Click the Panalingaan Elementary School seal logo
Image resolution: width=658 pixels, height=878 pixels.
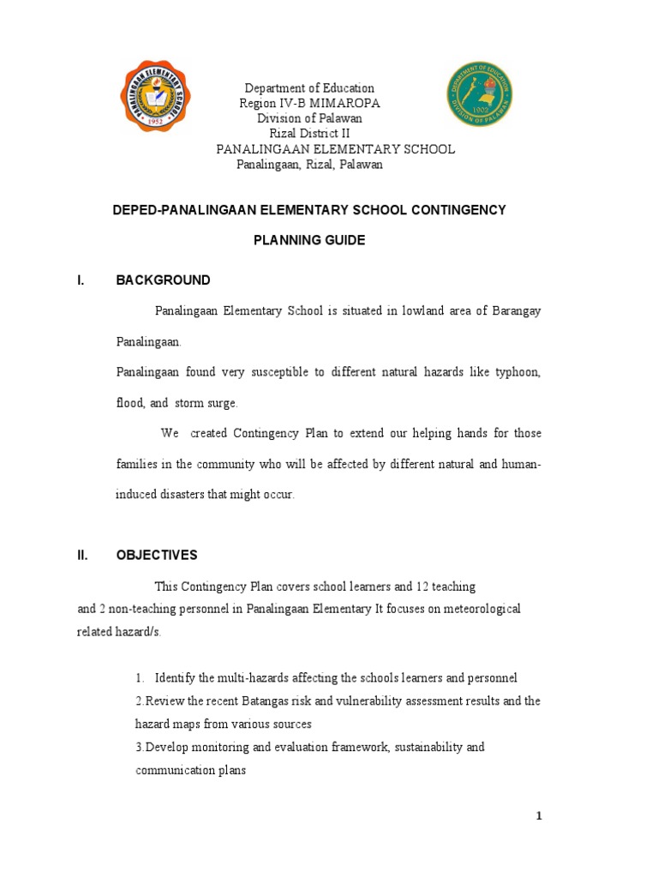(x=155, y=95)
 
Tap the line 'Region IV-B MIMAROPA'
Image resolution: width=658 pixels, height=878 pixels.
(x=309, y=103)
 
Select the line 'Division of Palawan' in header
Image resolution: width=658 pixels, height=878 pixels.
(x=309, y=118)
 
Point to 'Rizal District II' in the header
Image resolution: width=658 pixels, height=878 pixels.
(x=309, y=134)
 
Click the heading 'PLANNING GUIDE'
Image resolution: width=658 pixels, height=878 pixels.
(x=309, y=240)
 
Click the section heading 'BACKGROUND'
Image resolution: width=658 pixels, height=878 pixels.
(x=163, y=280)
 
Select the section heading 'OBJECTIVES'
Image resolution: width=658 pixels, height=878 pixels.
(x=157, y=555)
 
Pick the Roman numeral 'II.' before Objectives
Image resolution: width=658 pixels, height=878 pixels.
(x=83, y=555)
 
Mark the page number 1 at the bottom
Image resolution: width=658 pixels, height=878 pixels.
(x=540, y=816)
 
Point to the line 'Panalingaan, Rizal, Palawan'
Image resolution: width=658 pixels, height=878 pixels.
(x=309, y=165)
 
